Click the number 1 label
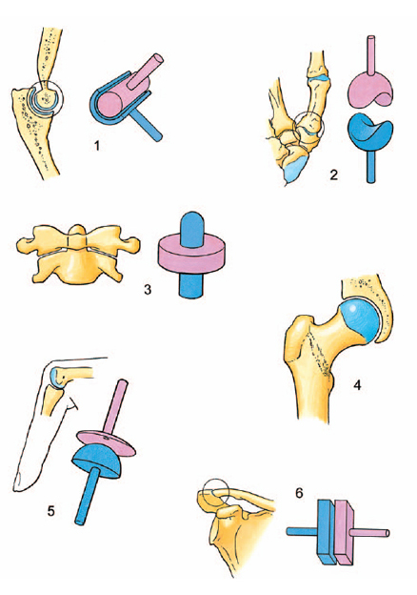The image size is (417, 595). click(x=97, y=145)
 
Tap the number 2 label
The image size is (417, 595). click(x=333, y=174)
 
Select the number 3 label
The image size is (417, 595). click(x=148, y=290)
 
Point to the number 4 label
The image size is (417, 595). click(x=357, y=385)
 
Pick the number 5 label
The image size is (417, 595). click(x=51, y=511)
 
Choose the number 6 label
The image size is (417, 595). click(x=299, y=493)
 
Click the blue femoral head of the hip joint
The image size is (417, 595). click(x=359, y=318)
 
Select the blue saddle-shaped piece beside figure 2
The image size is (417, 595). click(x=369, y=133)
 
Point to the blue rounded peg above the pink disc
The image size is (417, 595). click(x=192, y=228)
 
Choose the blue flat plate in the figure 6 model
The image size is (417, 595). click(x=326, y=531)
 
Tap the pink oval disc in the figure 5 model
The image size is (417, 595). click(x=106, y=441)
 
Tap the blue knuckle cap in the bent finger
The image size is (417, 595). click(x=54, y=378)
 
